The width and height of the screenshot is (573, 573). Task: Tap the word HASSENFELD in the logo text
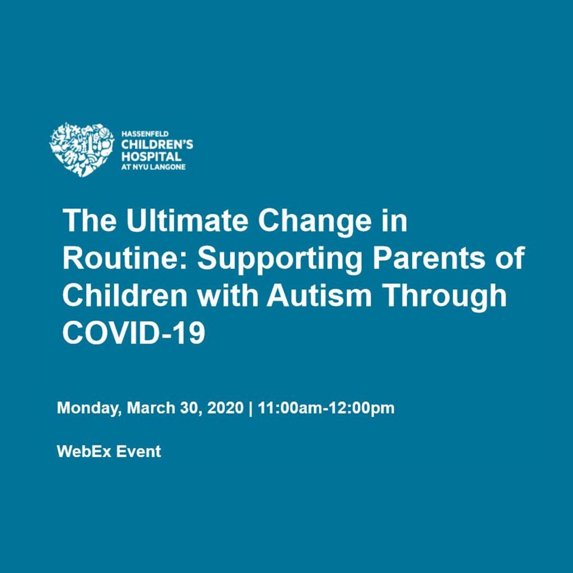[x=145, y=134]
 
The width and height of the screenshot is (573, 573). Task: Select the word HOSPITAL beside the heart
[x=151, y=157]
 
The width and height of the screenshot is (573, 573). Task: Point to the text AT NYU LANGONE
[x=153, y=167]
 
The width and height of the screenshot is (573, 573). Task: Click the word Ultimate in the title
[x=187, y=221]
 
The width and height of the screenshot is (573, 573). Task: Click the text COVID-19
[x=134, y=333]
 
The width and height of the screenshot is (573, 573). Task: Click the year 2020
[x=225, y=407]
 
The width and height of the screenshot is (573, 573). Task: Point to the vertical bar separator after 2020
[x=250, y=408]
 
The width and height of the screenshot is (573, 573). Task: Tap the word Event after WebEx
[x=139, y=452]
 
